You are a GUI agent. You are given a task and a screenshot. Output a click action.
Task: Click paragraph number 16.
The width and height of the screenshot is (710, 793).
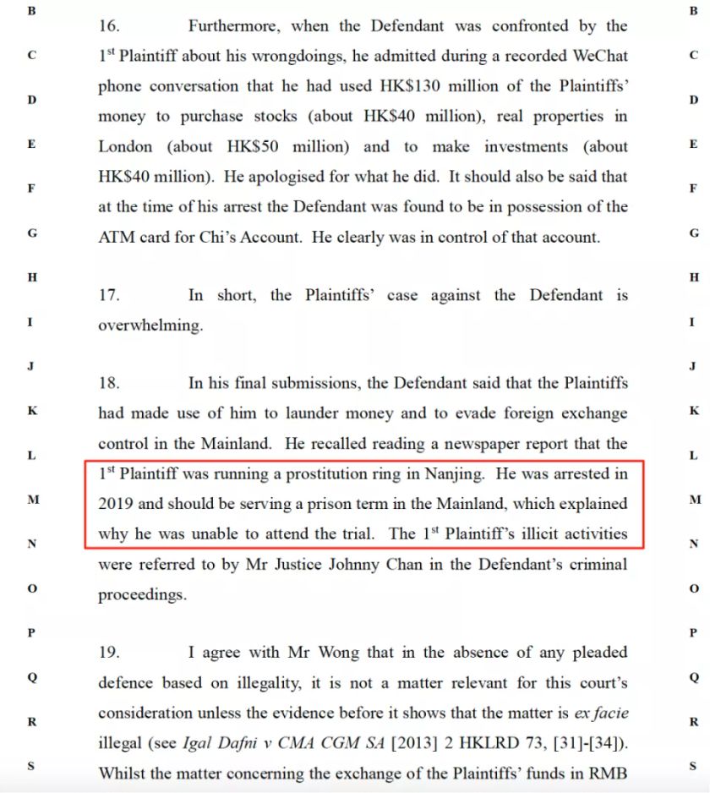(x=109, y=26)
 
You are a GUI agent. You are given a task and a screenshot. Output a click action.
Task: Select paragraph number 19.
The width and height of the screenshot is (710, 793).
(x=109, y=653)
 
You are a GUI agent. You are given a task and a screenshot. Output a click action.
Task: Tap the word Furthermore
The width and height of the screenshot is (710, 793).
(x=232, y=26)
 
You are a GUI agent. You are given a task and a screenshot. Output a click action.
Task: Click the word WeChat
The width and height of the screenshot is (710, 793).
(x=598, y=57)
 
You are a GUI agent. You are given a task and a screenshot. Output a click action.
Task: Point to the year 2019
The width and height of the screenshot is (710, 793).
(x=116, y=504)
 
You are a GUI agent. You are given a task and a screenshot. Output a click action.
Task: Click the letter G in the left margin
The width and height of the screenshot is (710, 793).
(x=32, y=232)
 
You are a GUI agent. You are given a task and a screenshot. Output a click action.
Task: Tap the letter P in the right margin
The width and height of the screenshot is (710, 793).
(x=693, y=632)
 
